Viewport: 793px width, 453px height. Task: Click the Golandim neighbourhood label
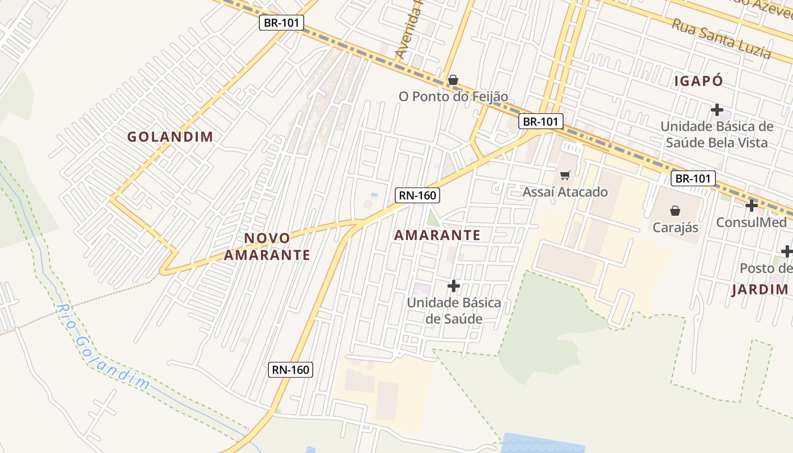coord(170,136)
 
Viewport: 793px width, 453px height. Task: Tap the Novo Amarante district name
coord(267,246)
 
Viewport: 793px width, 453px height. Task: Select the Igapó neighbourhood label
coord(698,81)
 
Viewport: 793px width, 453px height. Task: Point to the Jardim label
coord(760,290)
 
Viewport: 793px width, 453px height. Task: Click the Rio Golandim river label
coord(103,347)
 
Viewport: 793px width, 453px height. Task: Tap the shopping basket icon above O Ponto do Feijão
coord(453,80)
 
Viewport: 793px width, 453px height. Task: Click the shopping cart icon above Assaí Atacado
coord(564,176)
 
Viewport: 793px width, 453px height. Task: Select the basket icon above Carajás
coord(675,211)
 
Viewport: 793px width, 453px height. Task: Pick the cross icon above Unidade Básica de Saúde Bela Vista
coord(717,109)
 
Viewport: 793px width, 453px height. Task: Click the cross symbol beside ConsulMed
coord(752,206)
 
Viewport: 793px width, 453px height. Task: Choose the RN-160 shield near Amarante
coord(417,195)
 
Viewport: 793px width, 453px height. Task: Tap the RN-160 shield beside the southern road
coord(291,370)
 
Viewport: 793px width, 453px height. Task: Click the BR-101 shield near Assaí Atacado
coord(540,121)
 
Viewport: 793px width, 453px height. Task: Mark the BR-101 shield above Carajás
coord(693,179)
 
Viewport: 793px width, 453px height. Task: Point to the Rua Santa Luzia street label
coord(721,39)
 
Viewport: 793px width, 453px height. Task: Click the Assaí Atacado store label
coord(565,192)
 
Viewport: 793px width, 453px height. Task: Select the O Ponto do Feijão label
coord(453,97)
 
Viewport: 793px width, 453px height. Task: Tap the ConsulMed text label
coord(751,222)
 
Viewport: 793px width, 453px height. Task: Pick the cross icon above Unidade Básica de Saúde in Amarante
coord(453,286)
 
